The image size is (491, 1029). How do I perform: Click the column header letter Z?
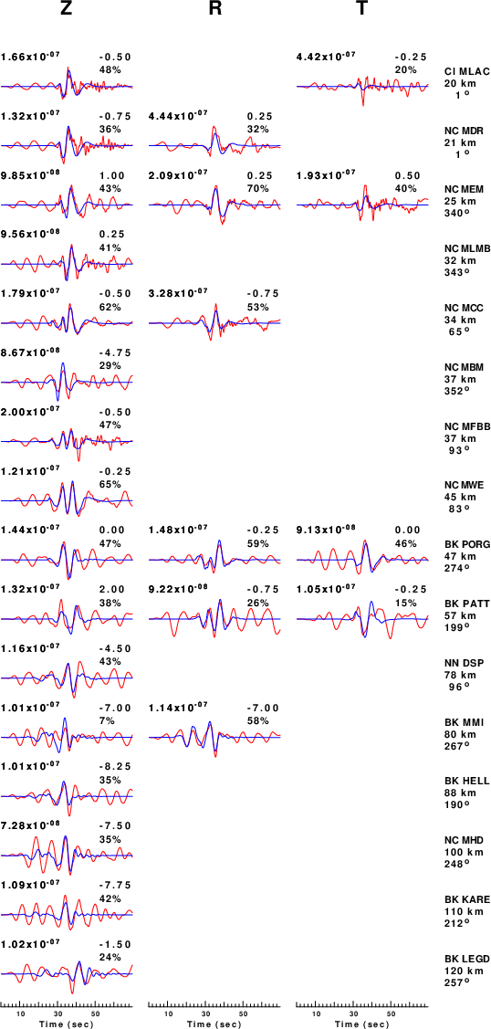tap(67, 8)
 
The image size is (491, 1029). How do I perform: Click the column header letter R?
tap(214, 8)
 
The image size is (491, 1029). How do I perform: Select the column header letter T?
tap(362, 8)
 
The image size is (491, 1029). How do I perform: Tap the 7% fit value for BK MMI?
tap(106, 719)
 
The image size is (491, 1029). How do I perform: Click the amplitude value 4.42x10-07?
tap(327, 57)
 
